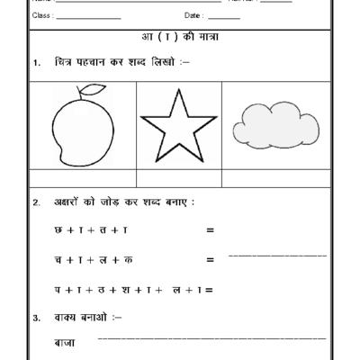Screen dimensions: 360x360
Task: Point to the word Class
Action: coord(41,17)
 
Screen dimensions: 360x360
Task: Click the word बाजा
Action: coord(65,343)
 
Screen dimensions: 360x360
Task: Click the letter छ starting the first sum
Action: coord(58,230)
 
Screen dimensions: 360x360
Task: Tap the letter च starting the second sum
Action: coord(58,260)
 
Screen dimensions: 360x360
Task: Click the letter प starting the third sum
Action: coord(58,289)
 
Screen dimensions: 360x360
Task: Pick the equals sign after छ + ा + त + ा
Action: coord(210,230)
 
